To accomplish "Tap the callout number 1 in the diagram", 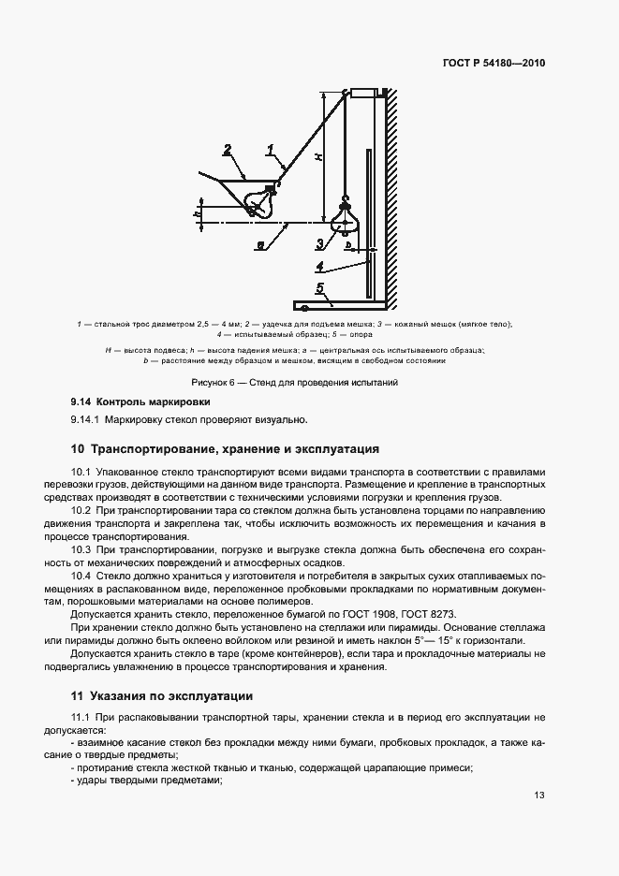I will (270, 149).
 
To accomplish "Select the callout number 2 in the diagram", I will (228, 149).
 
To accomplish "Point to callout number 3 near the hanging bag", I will (319, 243).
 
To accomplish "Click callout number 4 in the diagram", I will (319, 266).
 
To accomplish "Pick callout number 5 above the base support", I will (319, 289).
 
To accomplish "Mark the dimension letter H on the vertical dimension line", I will (318, 158).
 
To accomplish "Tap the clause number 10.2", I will (81, 510).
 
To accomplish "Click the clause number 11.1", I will (81, 717).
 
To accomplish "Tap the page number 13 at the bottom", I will (538, 796).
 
